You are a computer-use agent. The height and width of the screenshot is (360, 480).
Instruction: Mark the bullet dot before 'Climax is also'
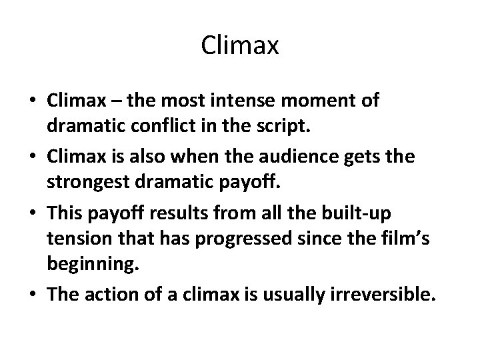(32, 157)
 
